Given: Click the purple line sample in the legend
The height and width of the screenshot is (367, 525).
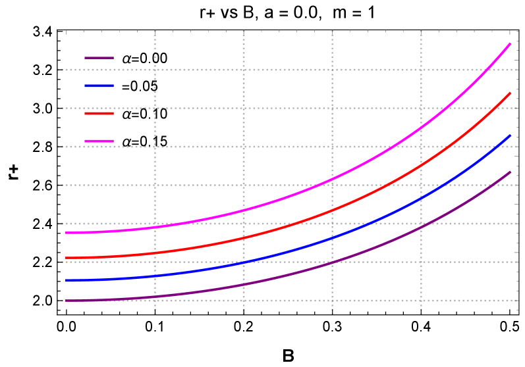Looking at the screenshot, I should click(x=99, y=58).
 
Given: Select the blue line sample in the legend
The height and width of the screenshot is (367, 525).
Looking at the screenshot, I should click(x=99, y=86).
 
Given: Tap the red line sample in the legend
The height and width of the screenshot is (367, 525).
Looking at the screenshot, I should click(x=99, y=113).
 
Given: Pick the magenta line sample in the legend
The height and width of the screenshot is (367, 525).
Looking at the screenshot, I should click(x=99, y=141).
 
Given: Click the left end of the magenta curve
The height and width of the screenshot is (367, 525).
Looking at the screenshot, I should click(x=66, y=233).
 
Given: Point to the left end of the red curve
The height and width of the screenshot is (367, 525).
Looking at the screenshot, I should click(x=66, y=258).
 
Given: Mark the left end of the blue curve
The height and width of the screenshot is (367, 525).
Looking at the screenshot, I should click(x=66, y=281).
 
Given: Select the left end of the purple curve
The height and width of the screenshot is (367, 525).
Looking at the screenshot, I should click(x=66, y=301).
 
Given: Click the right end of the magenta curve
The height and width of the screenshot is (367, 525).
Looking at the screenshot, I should click(x=511, y=43).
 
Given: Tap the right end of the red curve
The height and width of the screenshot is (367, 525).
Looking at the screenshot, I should click(x=511, y=93).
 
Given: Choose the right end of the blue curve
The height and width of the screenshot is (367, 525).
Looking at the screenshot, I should click(x=511, y=135).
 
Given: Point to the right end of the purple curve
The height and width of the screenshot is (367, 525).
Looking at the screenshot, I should click(x=511, y=172).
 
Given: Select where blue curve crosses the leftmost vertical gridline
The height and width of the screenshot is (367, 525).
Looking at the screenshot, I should click(x=155, y=276).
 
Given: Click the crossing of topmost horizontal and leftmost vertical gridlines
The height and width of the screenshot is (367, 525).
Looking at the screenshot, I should click(x=155, y=69).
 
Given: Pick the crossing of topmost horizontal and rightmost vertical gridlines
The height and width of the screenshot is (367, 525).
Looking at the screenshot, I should click(x=421, y=69).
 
